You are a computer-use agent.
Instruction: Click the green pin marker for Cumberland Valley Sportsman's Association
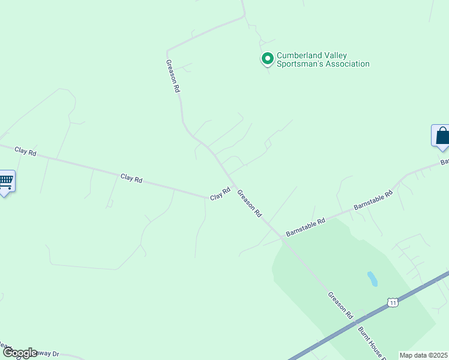point(267,59)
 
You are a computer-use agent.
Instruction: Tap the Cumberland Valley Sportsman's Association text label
point(322,60)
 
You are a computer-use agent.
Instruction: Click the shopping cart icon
point(5,181)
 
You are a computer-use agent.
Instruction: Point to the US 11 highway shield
point(393,302)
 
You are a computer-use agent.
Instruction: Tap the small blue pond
point(372,279)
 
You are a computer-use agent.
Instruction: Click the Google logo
point(20,353)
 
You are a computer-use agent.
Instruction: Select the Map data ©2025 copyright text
point(423,355)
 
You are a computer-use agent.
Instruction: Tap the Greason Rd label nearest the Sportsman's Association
point(173,75)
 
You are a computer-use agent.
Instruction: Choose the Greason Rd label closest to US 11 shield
point(340,305)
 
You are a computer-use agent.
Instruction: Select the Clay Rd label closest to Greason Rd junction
point(220,194)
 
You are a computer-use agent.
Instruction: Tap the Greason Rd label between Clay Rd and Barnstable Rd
point(250,203)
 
